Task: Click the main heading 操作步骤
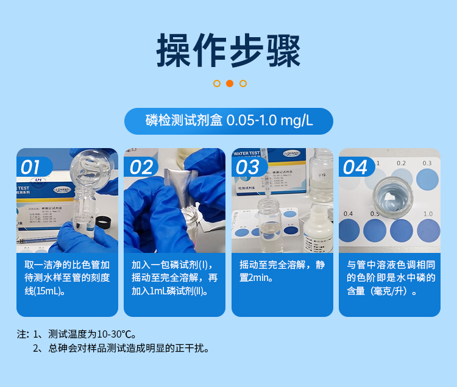[x=228, y=50]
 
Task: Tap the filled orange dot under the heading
[x=230, y=83]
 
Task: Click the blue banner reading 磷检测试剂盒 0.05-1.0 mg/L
[x=228, y=121]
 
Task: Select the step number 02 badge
[x=140, y=166]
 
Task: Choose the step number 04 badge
[x=355, y=166]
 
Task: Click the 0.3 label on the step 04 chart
[x=427, y=163]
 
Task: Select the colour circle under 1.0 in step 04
[x=428, y=230]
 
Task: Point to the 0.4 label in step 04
[x=349, y=213]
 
